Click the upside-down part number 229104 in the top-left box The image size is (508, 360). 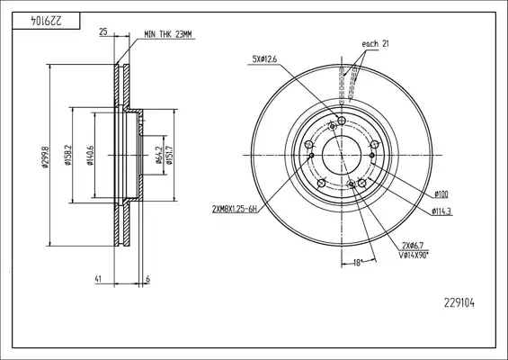(x=46, y=21)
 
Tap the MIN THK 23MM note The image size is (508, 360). (x=168, y=34)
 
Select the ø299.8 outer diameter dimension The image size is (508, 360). (x=45, y=157)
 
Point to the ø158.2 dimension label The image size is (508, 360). (x=67, y=155)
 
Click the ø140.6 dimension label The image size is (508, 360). (x=90, y=156)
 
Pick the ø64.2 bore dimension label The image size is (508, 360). (x=159, y=155)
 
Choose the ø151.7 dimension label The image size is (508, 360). (x=169, y=156)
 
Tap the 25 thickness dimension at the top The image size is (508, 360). (x=103, y=31)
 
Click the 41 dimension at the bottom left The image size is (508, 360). (x=98, y=279)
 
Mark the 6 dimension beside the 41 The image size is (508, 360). (x=147, y=279)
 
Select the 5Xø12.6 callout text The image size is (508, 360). (x=264, y=59)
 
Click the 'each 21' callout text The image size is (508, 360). (x=375, y=44)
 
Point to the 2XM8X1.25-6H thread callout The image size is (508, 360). (x=235, y=210)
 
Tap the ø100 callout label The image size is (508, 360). (x=441, y=194)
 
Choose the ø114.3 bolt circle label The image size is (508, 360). (x=441, y=211)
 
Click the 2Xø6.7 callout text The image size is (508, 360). (x=413, y=246)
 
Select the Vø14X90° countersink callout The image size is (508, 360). (x=414, y=256)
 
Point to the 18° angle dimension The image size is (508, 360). (x=357, y=263)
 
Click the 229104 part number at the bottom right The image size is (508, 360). (x=459, y=303)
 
